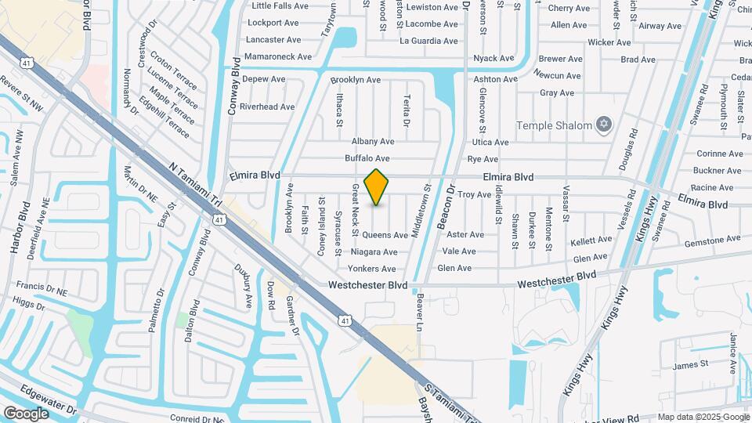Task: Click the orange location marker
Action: pos(376,186)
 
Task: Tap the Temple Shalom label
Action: pos(554,125)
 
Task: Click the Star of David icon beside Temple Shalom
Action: pos(603,124)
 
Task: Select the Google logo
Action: pos(27,413)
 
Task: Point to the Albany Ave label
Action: pos(373,142)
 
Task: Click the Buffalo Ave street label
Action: pos(367,158)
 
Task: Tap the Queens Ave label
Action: pos(385,235)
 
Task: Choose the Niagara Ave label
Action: pos(374,252)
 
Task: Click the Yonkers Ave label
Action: pos(372,269)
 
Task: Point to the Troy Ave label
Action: pos(474,194)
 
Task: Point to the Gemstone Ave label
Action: pos(711,240)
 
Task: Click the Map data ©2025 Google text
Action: pos(703,417)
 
